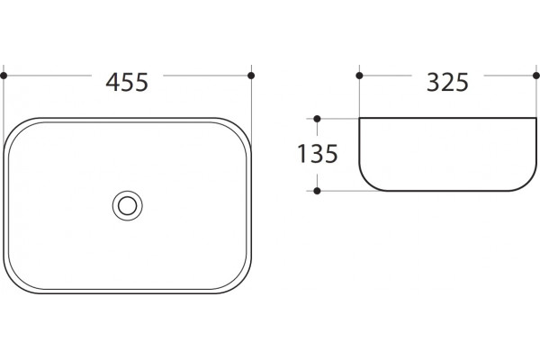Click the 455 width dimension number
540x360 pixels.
pos(127,82)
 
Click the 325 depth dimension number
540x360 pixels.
pos(447,82)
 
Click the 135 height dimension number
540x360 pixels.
pos(317,154)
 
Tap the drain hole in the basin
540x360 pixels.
pos(128,206)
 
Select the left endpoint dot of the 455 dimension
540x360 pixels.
pos(4,76)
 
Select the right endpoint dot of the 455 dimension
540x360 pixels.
pos(251,76)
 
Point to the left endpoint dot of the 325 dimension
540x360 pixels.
pos(359,76)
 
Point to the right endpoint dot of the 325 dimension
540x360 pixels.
pos(536,76)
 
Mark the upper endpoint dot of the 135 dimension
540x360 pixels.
pos(317,119)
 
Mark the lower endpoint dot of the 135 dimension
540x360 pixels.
pos(317,191)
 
